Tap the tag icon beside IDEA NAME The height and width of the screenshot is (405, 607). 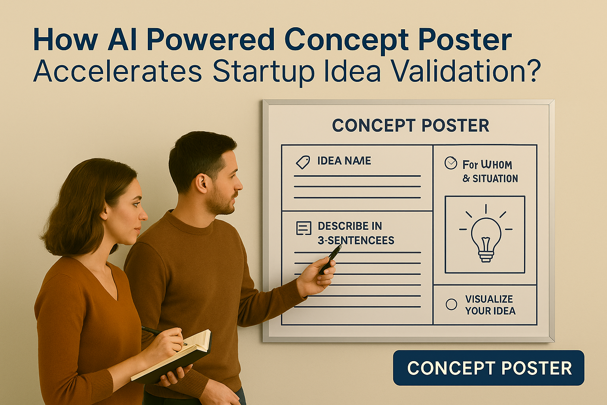(303, 162)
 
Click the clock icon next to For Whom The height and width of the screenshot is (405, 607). (451, 163)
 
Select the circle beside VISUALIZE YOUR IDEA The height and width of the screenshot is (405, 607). (451, 305)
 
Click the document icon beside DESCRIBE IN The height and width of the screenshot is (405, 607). (303, 228)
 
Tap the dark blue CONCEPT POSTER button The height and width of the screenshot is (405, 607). (488, 368)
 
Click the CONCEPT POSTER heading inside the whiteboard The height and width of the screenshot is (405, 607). (411, 125)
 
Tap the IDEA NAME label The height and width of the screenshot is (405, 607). (344, 161)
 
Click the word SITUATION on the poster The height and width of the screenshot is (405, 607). (495, 178)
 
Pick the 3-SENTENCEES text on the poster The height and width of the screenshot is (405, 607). (356, 240)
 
